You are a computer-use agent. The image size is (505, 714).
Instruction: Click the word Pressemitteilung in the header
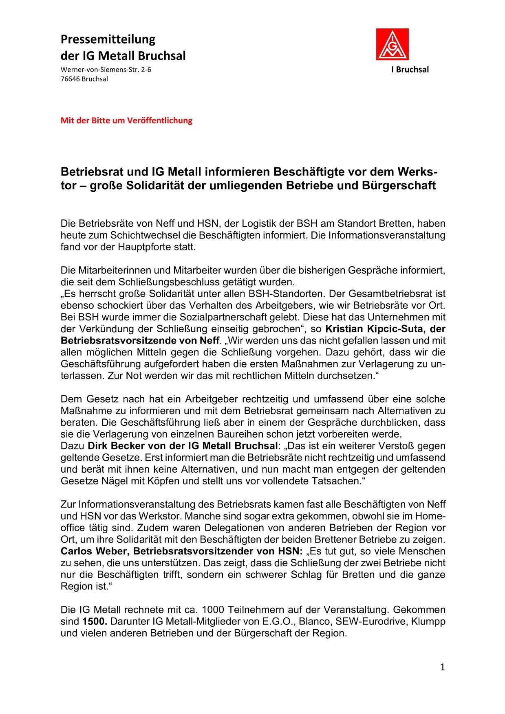[x=108, y=39]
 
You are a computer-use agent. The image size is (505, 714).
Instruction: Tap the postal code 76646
[x=70, y=79]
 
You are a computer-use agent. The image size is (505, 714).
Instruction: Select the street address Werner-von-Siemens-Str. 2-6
[x=106, y=70]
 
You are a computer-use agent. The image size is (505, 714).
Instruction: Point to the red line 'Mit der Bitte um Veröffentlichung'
[x=126, y=120]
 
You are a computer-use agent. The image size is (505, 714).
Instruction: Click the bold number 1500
[x=95, y=622]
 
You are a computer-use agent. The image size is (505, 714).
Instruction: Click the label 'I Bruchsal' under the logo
[x=410, y=70]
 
